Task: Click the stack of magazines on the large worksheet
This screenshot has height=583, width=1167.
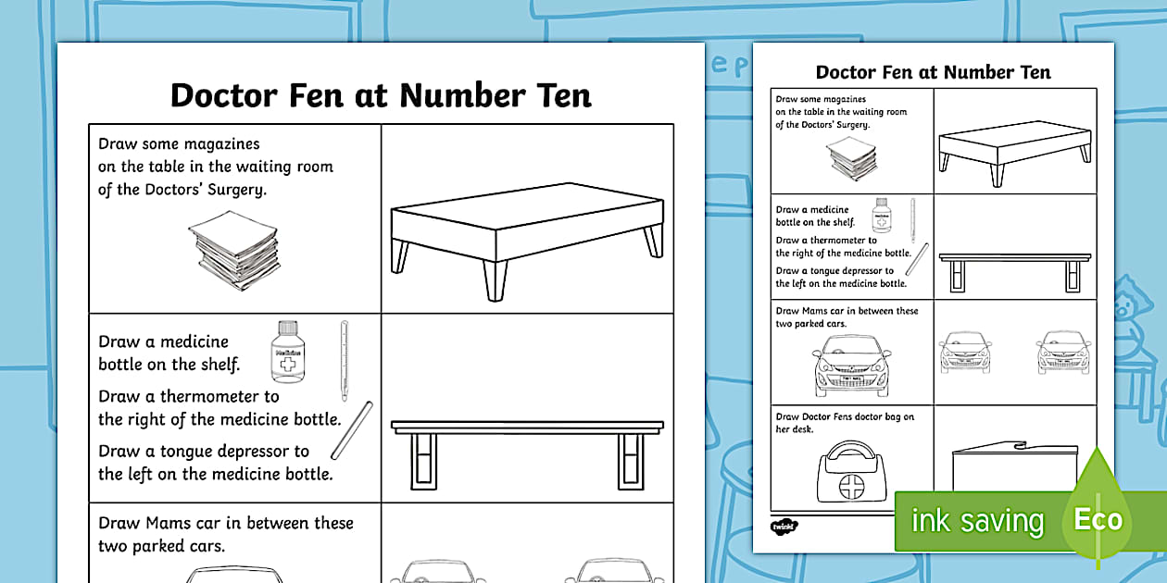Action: click(234, 250)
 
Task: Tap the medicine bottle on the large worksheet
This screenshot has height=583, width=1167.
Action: click(288, 352)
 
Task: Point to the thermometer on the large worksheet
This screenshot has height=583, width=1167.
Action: click(345, 361)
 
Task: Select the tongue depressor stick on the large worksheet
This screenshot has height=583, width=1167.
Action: click(352, 430)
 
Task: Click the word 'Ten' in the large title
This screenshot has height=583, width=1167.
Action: click(563, 96)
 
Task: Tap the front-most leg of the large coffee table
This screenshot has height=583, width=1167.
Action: click(495, 280)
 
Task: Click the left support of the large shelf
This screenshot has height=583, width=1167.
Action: click(423, 461)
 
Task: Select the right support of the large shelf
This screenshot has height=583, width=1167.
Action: click(631, 461)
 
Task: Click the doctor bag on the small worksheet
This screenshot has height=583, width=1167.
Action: click(851, 472)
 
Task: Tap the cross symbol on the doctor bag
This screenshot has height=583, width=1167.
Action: click(851, 487)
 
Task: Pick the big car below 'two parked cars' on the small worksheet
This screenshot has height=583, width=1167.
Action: click(852, 366)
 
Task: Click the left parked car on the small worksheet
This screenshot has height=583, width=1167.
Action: click(965, 352)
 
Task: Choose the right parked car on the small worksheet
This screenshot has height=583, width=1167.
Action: click(1063, 352)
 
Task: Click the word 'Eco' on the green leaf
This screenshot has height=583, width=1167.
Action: click(1098, 519)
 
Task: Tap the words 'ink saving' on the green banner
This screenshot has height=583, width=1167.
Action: click(977, 521)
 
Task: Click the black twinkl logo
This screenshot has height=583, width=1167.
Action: click(784, 527)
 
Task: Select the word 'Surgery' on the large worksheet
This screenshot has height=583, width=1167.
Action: click(237, 190)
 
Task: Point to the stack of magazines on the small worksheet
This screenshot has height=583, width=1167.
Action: click(852, 158)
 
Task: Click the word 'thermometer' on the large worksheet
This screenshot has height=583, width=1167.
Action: click(220, 397)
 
